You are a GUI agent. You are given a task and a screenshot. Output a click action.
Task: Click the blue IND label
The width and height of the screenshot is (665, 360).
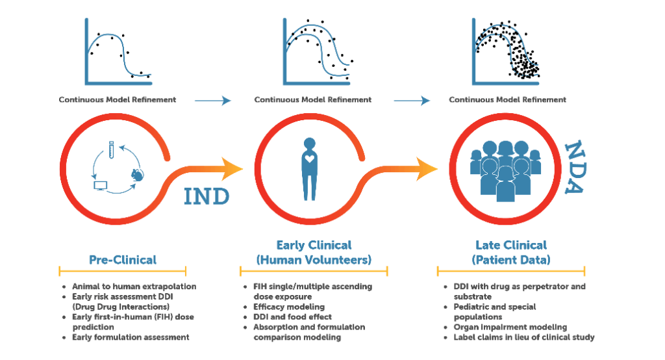click(207, 196)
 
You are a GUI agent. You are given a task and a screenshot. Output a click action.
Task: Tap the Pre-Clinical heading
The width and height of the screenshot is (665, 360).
click(123, 260)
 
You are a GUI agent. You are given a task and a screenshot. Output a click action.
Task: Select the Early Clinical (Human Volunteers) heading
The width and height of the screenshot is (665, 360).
click(314, 252)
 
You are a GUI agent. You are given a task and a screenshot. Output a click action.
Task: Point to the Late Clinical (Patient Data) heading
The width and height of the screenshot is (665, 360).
click(511, 252)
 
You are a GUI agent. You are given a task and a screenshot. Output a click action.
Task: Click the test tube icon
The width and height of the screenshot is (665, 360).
click(111, 150)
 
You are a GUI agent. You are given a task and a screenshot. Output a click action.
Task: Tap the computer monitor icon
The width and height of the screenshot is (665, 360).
click(101, 185)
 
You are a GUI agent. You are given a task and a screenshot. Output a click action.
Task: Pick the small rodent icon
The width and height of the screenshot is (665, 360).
click(138, 175)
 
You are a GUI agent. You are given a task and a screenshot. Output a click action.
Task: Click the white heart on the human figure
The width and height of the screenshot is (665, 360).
click(310, 159)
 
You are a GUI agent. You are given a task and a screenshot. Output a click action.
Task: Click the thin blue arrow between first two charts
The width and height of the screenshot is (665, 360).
click(212, 101)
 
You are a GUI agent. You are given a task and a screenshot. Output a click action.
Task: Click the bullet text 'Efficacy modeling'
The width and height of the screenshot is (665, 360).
click(289, 307)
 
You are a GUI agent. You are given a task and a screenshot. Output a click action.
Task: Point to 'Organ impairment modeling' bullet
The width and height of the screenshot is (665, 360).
click(510, 327)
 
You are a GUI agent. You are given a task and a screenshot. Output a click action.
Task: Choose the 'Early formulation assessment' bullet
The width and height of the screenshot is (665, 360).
click(131, 337)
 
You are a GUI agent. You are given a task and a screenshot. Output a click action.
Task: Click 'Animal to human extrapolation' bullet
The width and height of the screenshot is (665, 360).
click(134, 286)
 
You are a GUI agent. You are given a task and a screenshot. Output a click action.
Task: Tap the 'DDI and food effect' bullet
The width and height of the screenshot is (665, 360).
click(292, 316)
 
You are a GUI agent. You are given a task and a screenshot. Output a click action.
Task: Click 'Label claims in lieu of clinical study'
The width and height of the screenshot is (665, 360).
click(524, 337)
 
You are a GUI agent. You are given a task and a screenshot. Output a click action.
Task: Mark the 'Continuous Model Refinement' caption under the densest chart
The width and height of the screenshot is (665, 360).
click(507, 100)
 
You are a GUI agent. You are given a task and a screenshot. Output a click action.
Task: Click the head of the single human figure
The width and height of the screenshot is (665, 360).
click(310, 144)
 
